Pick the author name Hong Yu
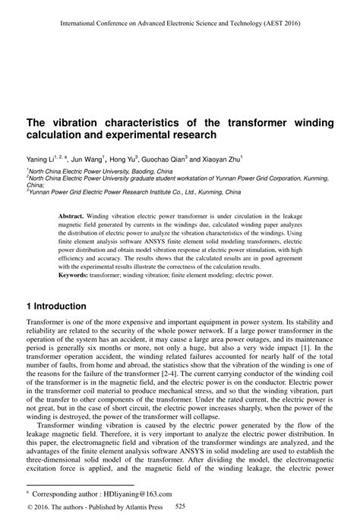(123, 161)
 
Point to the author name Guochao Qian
(164, 161)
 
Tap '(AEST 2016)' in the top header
(279, 23)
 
